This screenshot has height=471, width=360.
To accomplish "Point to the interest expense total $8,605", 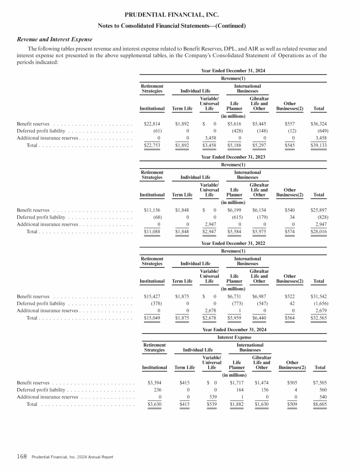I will click(x=320, y=404).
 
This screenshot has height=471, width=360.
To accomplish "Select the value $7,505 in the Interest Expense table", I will click(x=320, y=382).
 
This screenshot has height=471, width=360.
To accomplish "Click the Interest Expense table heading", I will click(x=234, y=337).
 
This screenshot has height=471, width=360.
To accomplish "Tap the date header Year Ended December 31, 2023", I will click(x=233, y=157).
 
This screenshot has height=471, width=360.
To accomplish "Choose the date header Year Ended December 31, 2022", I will click(x=233, y=243).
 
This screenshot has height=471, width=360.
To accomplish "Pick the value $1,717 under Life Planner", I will click(x=238, y=382).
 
